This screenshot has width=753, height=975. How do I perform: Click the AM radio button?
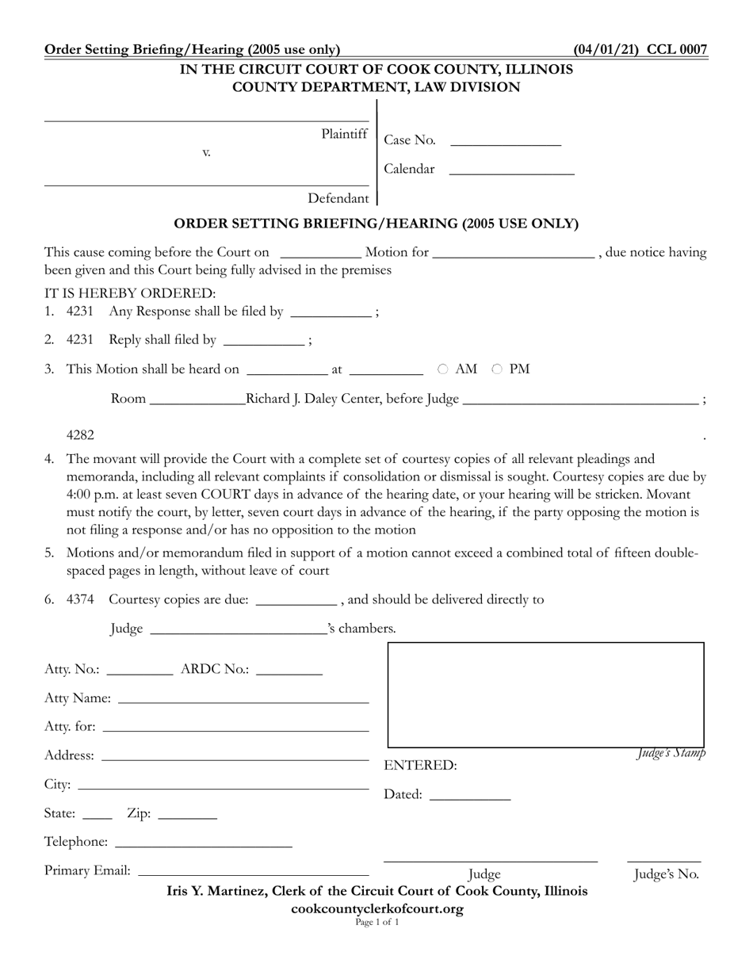coord(443,369)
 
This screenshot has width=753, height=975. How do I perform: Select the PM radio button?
coord(497,369)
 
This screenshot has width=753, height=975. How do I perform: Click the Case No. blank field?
coord(505,141)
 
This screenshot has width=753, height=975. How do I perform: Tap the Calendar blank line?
coord(511,169)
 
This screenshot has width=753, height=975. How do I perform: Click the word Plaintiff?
coord(345,134)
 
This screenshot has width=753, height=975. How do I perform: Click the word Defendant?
coord(338,198)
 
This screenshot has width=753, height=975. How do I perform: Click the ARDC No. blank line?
coord(289,670)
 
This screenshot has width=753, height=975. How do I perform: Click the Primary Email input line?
coord(253,870)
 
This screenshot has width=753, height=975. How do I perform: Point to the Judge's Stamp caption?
coord(671,753)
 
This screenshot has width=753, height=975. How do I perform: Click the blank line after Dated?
coord(469,795)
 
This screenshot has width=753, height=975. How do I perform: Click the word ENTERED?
coord(420,766)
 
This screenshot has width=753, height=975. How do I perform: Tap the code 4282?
coord(80,434)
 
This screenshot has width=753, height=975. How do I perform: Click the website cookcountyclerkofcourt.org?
coord(377,908)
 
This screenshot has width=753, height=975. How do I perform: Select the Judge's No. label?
coord(666,875)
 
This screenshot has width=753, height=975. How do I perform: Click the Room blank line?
coord(197,400)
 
